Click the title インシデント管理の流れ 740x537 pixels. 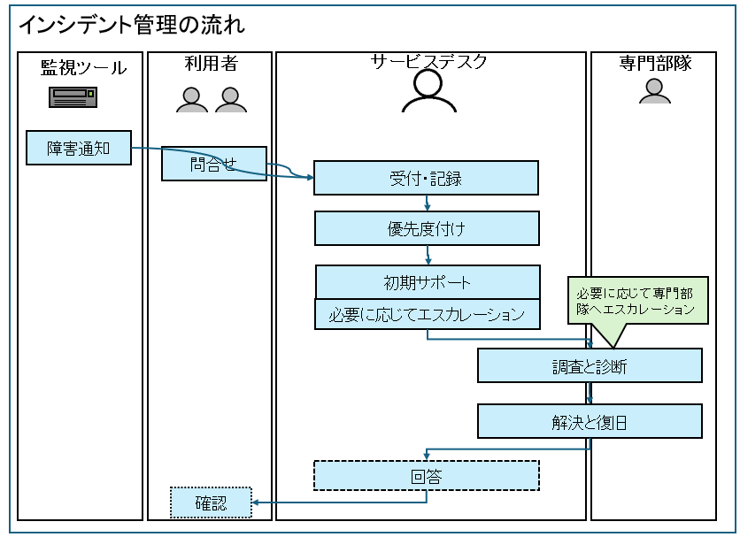tap(132, 25)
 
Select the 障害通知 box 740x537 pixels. tap(79, 148)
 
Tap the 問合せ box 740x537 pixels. tap(213, 164)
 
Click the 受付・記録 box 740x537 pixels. tap(426, 178)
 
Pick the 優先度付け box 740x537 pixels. tap(427, 228)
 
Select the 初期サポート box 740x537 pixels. tap(428, 282)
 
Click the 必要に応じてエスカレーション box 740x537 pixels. tap(428, 314)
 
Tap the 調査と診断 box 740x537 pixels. tap(590, 365)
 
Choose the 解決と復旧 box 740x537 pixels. tap(590, 421)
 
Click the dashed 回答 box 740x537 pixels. tap(427, 477)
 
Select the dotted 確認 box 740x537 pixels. tap(212, 503)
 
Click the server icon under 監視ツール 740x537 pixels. tap(73, 97)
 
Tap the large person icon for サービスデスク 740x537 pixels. tap(428, 91)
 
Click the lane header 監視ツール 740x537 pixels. tap(83, 67)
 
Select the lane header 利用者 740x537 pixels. tap(211, 64)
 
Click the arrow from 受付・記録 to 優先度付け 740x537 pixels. tap(428, 203)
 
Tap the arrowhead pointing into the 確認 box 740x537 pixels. tap(257, 503)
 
